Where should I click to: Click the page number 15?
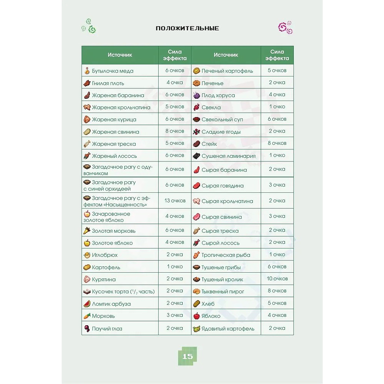click(x=187, y=356)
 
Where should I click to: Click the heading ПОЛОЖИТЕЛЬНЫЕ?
click(x=187, y=28)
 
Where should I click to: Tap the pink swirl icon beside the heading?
click(x=285, y=27)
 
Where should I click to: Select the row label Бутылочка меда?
click(x=113, y=71)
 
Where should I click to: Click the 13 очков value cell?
click(x=175, y=200)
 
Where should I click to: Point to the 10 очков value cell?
click(x=277, y=279)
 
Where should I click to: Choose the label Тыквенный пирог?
click(x=223, y=291)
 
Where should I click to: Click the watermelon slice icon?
click(x=87, y=303)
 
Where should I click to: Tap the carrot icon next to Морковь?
click(x=87, y=316)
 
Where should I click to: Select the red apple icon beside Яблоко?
click(x=196, y=316)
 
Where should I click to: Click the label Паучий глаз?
click(x=107, y=329)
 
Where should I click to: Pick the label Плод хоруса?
click(x=218, y=95)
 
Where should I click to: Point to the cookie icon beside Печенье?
click(x=196, y=83)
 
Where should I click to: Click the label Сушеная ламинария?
click(x=228, y=156)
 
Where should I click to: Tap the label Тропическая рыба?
click(x=226, y=255)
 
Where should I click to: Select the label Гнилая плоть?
click(x=108, y=83)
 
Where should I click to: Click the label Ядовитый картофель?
click(x=228, y=329)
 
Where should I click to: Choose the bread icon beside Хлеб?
click(x=196, y=303)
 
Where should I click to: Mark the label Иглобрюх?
click(x=104, y=255)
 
